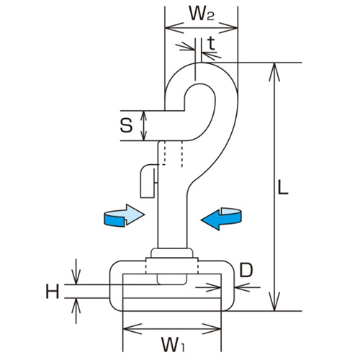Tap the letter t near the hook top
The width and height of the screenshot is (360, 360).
[210, 44]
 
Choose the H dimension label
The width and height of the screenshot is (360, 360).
[52, 292]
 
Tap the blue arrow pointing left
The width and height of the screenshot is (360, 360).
[222, 217]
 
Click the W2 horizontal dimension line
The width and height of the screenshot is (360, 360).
[201, 29]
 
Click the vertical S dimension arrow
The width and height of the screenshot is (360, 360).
[144, 125]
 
